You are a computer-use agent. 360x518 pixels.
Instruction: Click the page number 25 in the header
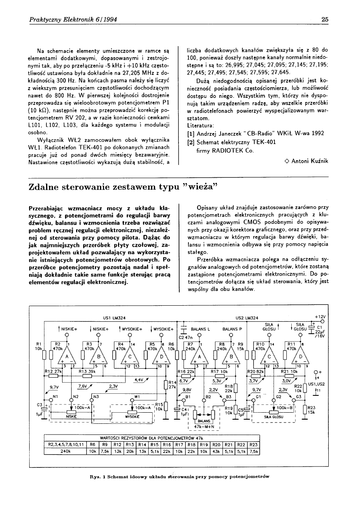(324, 19)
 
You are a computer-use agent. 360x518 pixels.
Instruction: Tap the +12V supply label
(320, 316)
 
